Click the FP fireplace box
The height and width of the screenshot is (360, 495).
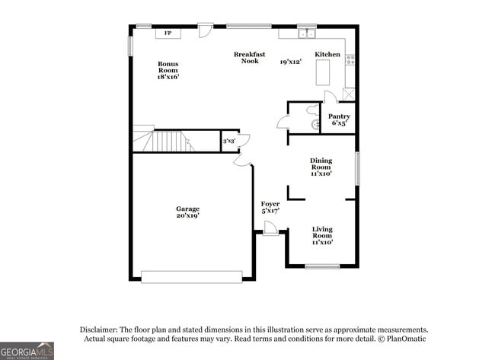(168, 33)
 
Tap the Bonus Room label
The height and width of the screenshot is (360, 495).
(168, 70)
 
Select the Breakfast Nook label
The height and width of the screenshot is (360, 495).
(249, 57)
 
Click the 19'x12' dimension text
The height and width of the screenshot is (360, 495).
(292, 62)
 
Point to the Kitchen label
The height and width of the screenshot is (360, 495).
(327, 55)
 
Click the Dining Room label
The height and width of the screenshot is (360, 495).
(321, 166)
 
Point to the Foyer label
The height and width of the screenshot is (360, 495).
(270, 204)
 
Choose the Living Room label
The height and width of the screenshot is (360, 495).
(322, 235)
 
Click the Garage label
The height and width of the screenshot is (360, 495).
(188, 209)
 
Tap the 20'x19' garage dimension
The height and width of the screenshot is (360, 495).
(188, 216)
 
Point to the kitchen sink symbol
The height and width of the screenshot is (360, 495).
(307, 33)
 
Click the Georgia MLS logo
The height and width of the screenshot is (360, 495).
(27, 350)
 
